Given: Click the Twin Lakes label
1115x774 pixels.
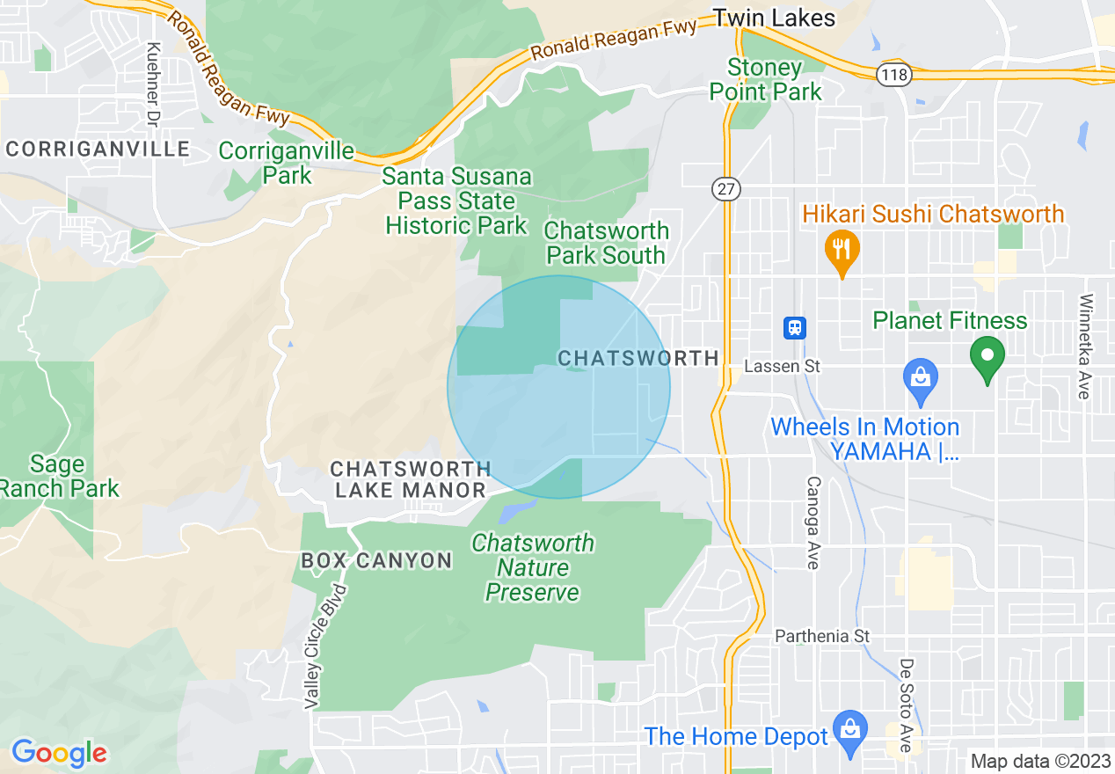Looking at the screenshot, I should click(773, 18).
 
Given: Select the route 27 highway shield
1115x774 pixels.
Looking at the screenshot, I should click(727, 188).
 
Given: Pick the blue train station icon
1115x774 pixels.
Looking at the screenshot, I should click(795, 328).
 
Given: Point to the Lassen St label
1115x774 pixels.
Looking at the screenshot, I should click(782, 366).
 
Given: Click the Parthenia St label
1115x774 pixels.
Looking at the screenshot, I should click(821, 636).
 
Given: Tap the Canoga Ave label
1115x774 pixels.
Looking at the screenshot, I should click(813, 522).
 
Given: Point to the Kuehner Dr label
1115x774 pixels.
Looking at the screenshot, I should click(154, 84).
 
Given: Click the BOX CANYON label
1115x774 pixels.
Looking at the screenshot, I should click(376, 560).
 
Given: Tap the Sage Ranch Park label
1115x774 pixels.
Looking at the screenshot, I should click(58, 476).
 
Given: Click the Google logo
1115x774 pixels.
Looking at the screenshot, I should click(59, 753).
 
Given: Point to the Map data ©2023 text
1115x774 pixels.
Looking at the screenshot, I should click(1040, 761).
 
